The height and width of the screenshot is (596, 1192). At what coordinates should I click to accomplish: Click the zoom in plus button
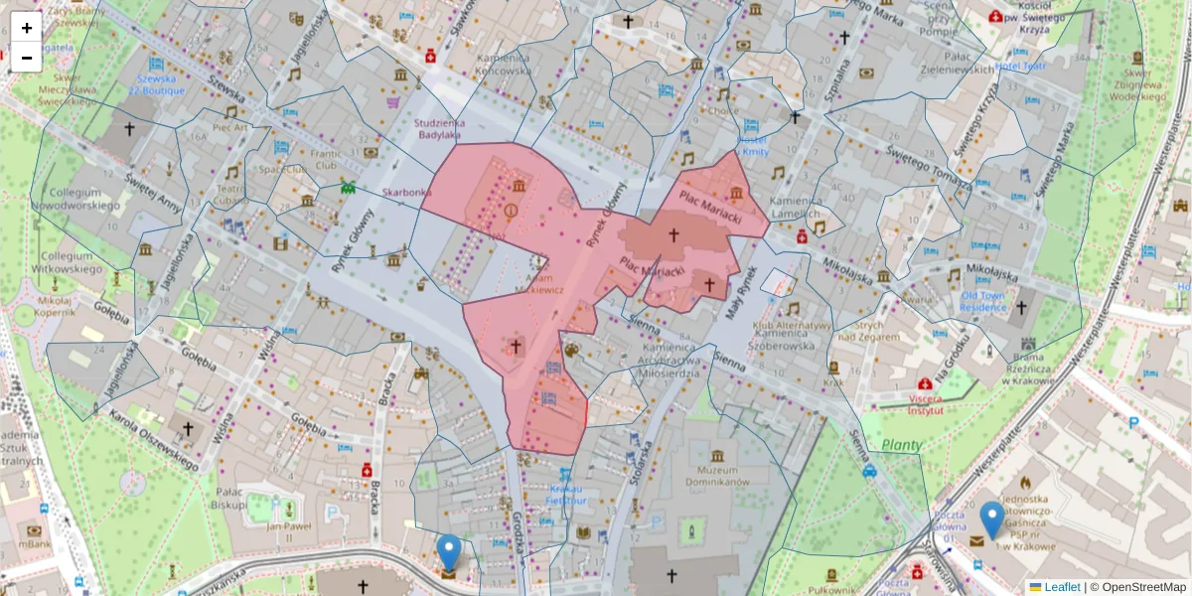(x=27, y=28)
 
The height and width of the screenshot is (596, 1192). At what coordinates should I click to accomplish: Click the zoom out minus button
(x=27, y=58)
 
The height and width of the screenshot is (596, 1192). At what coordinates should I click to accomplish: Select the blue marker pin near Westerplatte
(x=991, y=519)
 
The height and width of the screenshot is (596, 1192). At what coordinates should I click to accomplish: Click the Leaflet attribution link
(x=1061, y=587)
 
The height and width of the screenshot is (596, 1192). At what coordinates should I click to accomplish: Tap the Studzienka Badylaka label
(x=438, y=128)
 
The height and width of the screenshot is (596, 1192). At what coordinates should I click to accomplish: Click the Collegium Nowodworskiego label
(x=75, y=199)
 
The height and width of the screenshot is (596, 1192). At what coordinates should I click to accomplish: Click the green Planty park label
(x=902, y=446)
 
